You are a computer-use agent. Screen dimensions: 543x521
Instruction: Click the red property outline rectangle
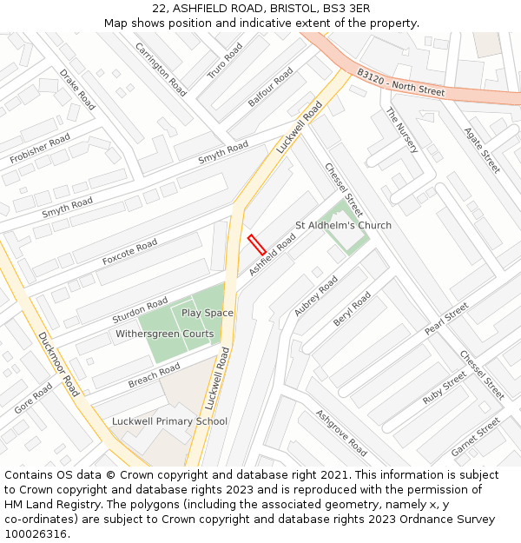click(x=256, y=244)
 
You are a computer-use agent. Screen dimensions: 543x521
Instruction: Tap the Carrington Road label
click(x=161, y=69)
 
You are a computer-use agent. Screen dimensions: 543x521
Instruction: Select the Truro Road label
click(x=225, y=62)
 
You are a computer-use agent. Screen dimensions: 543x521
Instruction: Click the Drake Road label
click(x=77, y=89)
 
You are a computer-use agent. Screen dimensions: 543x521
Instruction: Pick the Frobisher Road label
click(x=40, y=149)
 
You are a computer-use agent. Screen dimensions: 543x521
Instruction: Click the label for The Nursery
click(x=402, y=130)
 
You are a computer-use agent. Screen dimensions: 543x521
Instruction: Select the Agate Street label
click(x=482, y=149)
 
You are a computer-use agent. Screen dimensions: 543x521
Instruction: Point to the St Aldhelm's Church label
click(x=343, y=225)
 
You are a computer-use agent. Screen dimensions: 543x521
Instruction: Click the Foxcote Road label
click(x=129, y=252)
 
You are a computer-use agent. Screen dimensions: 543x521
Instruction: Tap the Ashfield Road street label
click(x=272, y=255)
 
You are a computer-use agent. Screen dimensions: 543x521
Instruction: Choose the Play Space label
click(x=207, y=313)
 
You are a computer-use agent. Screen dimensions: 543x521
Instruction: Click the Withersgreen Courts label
click(x=164, y=334)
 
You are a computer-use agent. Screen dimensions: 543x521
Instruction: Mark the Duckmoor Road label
click(x=59, y=364)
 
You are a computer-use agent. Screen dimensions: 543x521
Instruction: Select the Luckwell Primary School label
click(x=169, y=421)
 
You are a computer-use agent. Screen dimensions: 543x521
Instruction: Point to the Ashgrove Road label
click(x=340, y=433)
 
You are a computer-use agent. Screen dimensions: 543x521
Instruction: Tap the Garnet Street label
click(x=476, y=437)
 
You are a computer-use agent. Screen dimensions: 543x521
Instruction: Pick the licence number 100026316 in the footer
click(x=36, y=533)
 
